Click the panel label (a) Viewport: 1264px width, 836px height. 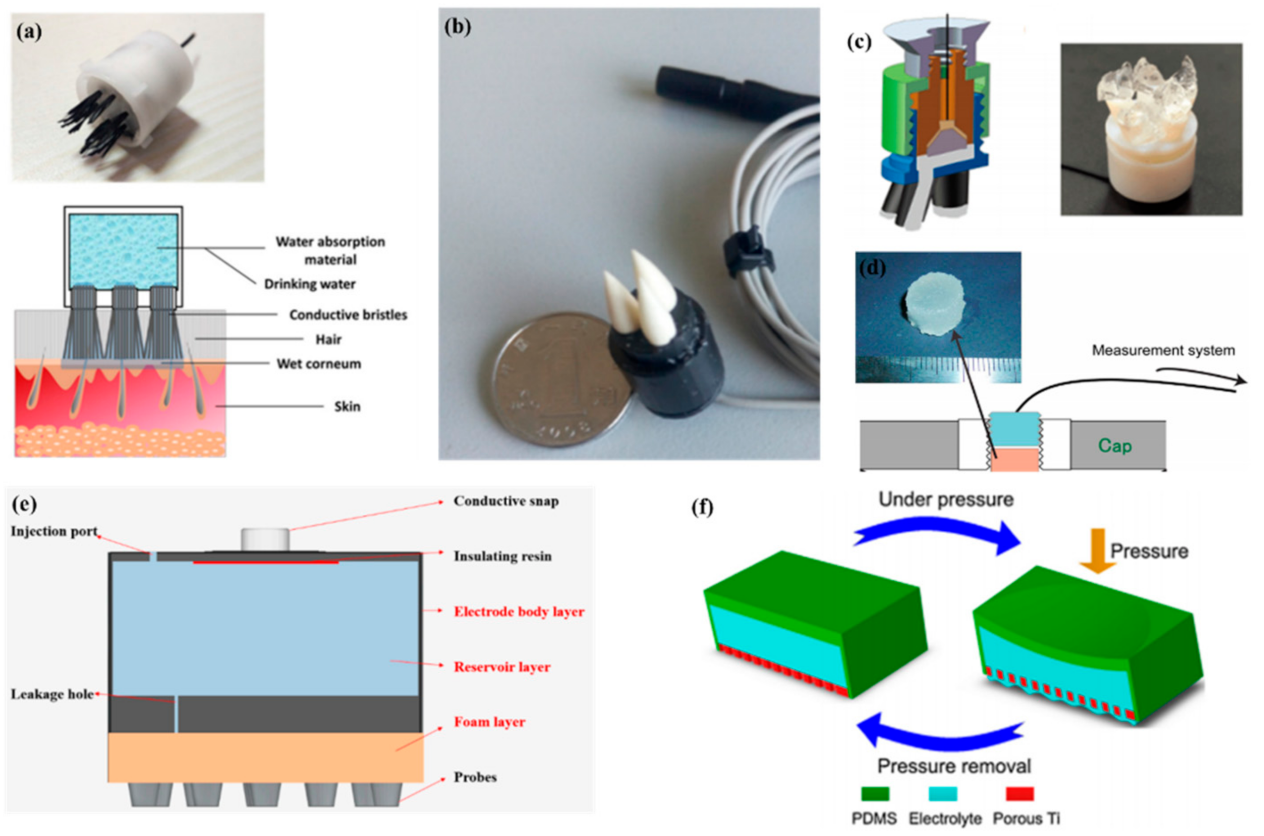[x=29, y=33]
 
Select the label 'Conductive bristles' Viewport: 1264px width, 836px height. [x=348, y=315]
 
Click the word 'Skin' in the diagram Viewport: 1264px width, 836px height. [x=347, y=407]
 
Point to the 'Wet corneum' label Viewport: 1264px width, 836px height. [x=318, y=364]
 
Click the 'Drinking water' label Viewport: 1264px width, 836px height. [x=310, y=284]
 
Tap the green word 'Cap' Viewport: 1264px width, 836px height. [x=1114, y=446]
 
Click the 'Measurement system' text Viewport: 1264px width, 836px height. [x=1163, y=350]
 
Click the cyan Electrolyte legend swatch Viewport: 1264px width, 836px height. [x=942, y=794]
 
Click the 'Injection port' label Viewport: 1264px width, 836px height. [x=54, y=532]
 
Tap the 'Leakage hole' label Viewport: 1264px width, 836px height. [x=52, y=694]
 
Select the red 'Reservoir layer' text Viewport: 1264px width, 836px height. [x=501, y=667]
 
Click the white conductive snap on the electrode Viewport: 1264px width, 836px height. [x=265, y=540]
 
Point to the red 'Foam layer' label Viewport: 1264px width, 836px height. [x=489, y=722]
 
